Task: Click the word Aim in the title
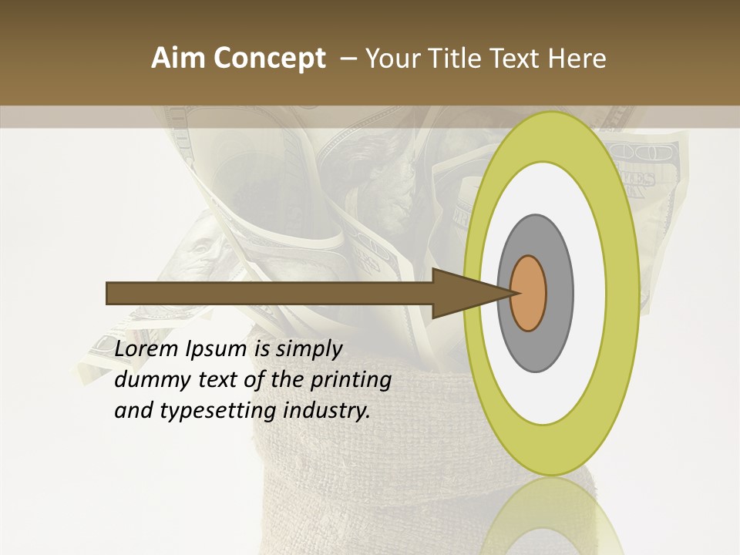click(x=179, y=59)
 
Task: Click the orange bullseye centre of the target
click(x=529, y=294)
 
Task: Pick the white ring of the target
click(x=589, y=294)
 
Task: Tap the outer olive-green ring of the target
click(x=621, y=294)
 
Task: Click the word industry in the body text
click(x=327, y=412)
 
